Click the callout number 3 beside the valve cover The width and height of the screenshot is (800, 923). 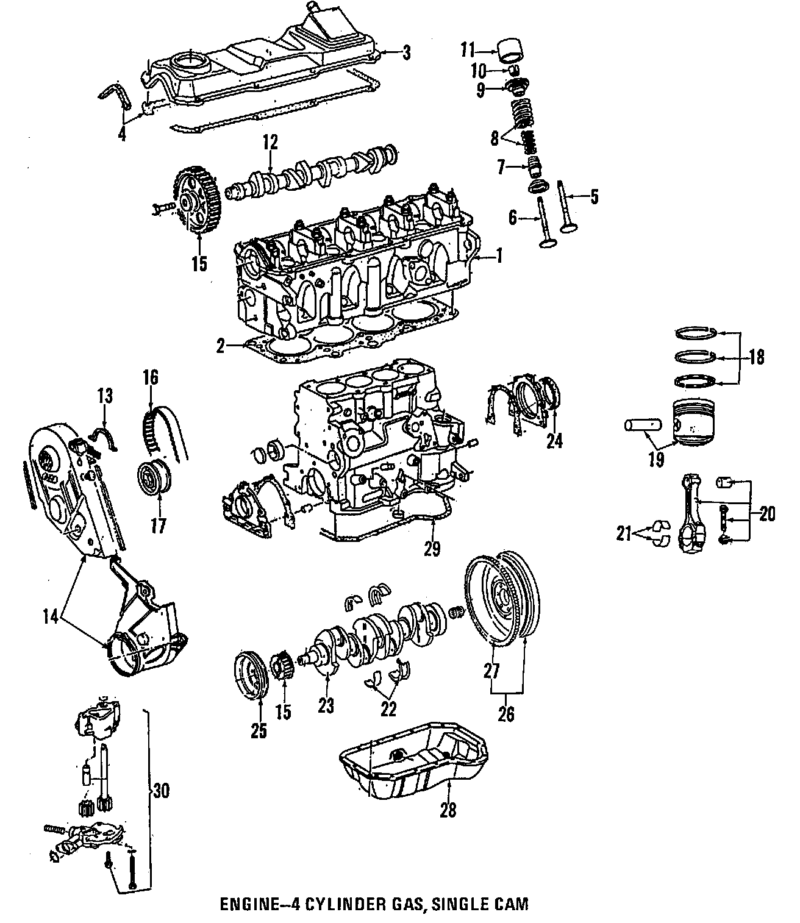point(407,53)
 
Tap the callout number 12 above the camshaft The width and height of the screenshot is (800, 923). point(270,143)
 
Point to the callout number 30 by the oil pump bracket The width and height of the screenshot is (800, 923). point(160,791)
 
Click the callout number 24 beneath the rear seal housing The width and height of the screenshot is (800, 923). point(554,440)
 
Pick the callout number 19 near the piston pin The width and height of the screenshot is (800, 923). point(655,460)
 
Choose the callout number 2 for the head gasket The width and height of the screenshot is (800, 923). point(221,347)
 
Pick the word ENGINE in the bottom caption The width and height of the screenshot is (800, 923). point(244,903)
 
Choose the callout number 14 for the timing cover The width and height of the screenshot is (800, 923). point(51,618)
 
